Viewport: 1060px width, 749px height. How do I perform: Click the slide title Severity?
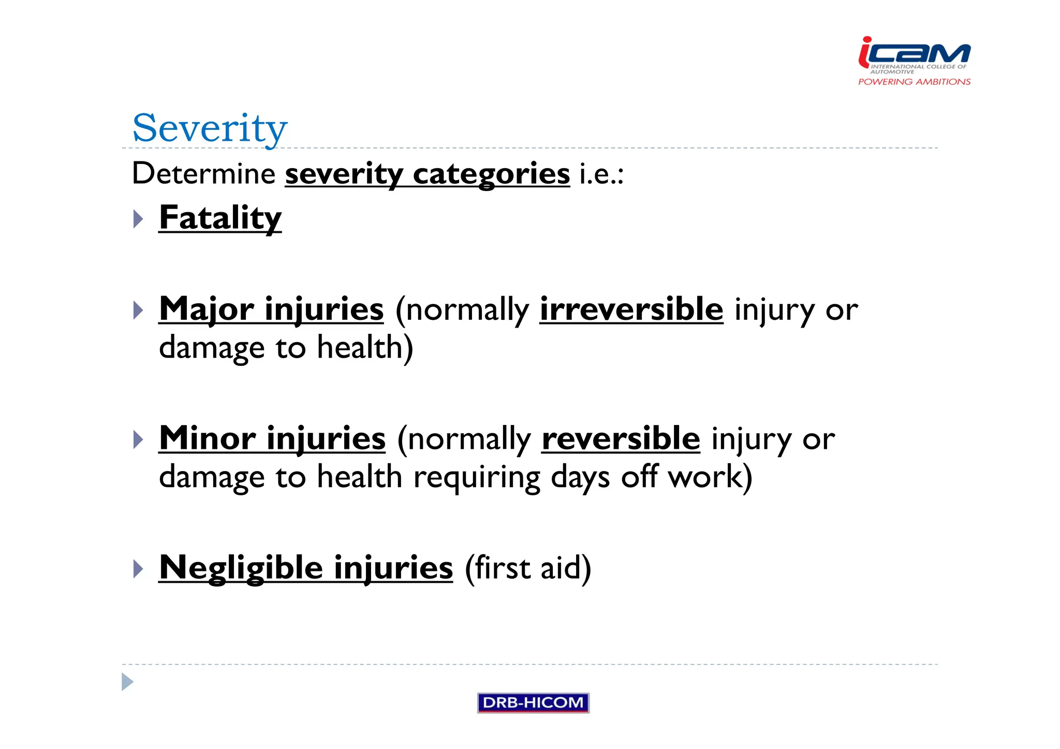(x=210, y=128)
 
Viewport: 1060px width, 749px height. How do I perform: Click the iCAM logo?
(x=914, y=54)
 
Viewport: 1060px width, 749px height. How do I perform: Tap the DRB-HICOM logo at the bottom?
(x=533, y=702)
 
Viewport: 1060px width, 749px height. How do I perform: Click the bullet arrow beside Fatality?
(x=138, y=218)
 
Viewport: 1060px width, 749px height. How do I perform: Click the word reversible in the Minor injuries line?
(x=621, y=438)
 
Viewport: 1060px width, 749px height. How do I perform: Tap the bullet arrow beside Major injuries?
(x=138, y=310)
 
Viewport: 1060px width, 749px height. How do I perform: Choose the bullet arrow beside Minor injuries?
(x=138, y=439)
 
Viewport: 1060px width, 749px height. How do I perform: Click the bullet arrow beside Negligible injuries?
(x=138, y=568)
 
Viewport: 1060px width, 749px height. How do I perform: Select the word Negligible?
(x=241, y=568)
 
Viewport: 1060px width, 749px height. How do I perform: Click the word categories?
(x=491, y=174)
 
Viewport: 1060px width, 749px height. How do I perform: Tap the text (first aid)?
(x=527, y=568)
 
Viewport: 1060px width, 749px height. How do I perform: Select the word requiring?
(x=477, y=477)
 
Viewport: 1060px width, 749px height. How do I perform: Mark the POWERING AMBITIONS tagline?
(x=914, y=82)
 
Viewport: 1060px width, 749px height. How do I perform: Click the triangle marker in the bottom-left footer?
(x=127, y=682)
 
